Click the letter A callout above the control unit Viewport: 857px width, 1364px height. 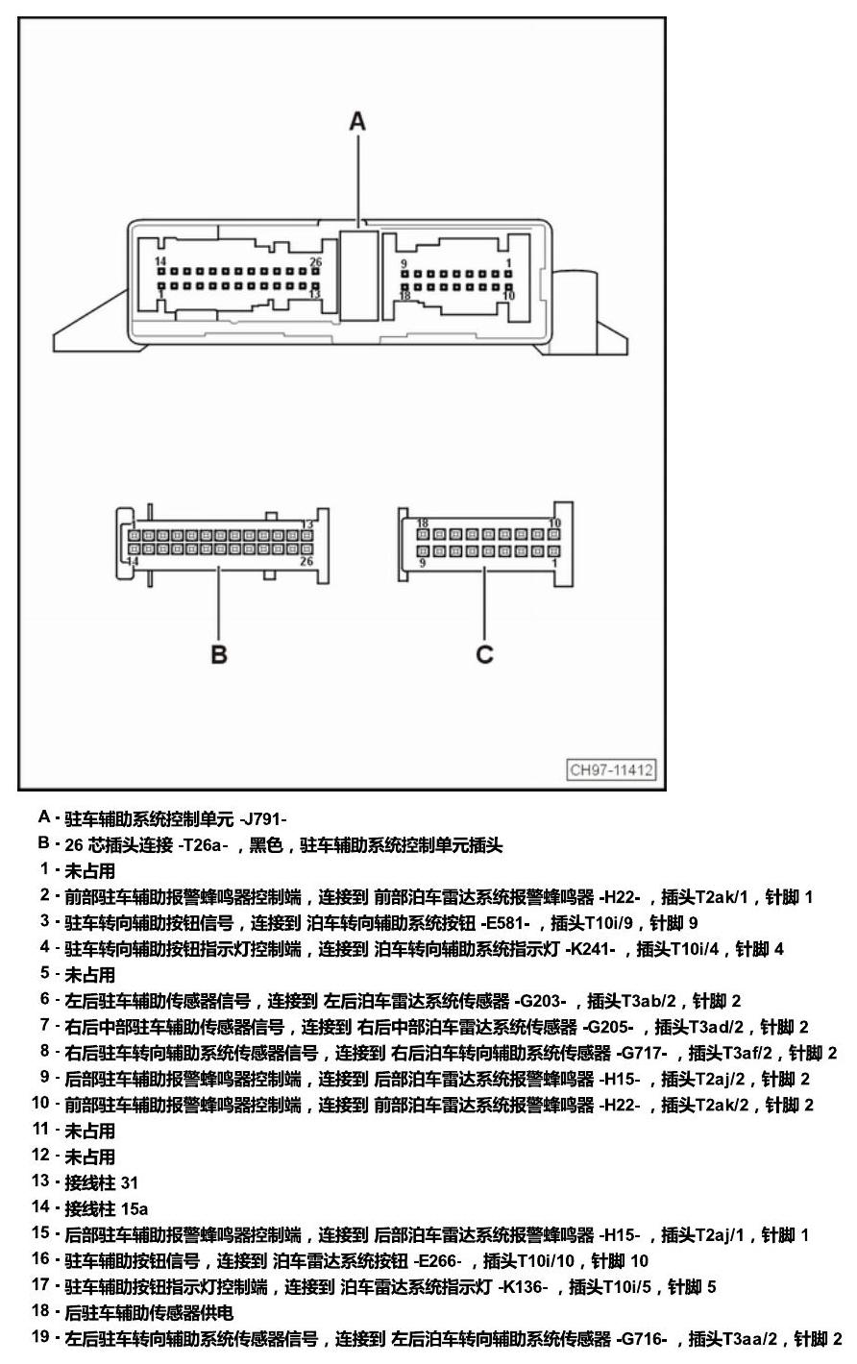tap(357, 122)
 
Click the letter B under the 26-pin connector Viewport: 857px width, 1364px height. tap(219, 654)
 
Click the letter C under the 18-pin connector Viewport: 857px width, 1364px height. tap(484, 654)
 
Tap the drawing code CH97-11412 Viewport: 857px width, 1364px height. tap(612, 769)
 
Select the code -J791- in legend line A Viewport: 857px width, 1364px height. tap(263, 819)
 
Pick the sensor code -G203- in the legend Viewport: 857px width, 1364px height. tap(540, 1001)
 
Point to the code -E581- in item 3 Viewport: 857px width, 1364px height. tap(505, 923)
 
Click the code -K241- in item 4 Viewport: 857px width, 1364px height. tap(590, 949)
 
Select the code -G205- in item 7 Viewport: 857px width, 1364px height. tap(608, 1027)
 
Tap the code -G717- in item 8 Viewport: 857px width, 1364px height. tap(642, 1053)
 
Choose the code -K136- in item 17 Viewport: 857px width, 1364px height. tap(523, 1286)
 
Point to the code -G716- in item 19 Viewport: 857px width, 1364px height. tap(642, 1339)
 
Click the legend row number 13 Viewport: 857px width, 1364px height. tap(40, 1181)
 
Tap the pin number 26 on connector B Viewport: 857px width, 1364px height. tap(306, 561)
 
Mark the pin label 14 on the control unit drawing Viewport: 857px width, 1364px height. tap(160, 261)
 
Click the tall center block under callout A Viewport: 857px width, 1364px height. tap(359, 276)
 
